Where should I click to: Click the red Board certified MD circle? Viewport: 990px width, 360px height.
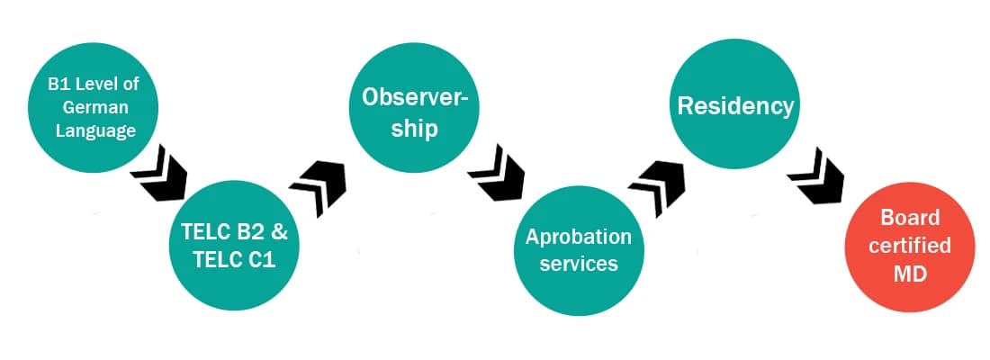[x=910, y=247]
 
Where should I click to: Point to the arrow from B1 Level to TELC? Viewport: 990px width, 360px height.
[x=158, y=171]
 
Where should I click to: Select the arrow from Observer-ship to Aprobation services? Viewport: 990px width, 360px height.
[x=496, y=171]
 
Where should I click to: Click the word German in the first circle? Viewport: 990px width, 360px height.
[x=92, y=107]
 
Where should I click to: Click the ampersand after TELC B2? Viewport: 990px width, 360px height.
[x=279, y=230]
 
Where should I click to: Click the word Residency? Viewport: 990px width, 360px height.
[x=735, y=106]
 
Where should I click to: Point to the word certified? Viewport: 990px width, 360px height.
[x=910, y=245]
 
